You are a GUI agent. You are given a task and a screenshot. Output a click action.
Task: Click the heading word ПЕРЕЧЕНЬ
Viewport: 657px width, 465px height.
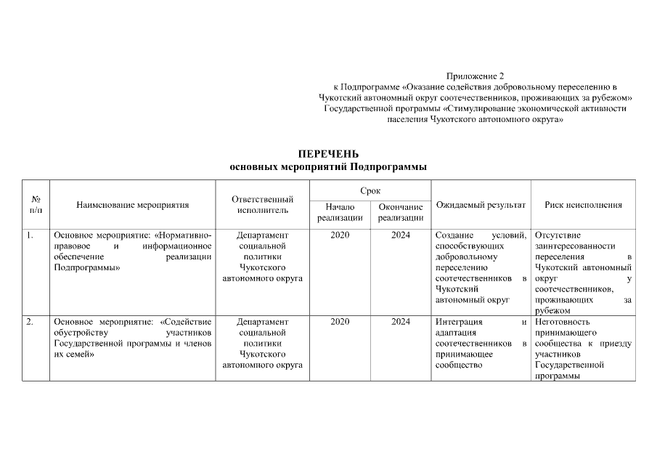click(328, 154)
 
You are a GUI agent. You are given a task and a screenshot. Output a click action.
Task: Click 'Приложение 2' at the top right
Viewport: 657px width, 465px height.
click(475, 76)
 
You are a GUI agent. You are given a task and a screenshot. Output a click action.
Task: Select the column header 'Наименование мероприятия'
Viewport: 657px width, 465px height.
click(132, 205)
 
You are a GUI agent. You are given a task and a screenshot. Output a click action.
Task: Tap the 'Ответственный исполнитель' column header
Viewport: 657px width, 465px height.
click(262, 205)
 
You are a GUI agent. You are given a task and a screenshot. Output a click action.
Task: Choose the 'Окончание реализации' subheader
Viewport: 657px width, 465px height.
click(401, 212)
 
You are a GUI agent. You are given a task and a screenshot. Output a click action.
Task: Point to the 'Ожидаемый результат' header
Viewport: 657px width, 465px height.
click(481, 205)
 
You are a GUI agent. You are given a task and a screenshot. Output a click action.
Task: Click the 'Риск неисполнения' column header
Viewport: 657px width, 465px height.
click(583, 205)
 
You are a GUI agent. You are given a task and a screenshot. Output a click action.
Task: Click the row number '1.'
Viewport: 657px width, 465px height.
click(30, 235)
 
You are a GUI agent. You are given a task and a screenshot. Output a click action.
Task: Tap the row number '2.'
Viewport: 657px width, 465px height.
click(30, 322)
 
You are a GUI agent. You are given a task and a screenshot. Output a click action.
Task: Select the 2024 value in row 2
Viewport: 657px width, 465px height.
click(401, 322)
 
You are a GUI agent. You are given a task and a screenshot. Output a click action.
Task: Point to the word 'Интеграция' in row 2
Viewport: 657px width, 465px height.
click(457, 322)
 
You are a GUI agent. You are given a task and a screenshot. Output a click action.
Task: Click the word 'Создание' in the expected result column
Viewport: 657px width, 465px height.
click(454, 235)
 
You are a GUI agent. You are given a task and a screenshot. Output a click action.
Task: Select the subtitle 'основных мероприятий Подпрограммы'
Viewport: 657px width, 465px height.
click(328, 166)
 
